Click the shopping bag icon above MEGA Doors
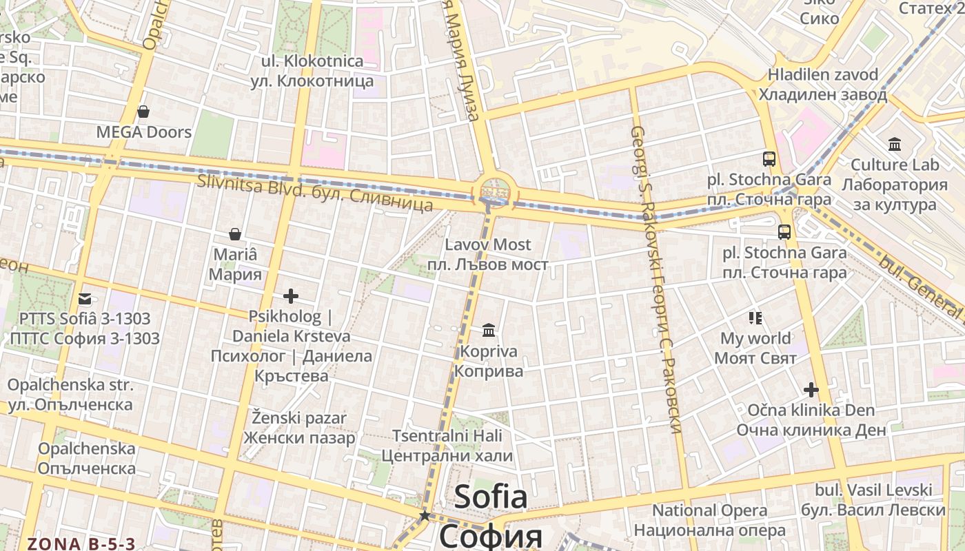(x=143, y=111)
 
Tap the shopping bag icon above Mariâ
(x=235, y=234)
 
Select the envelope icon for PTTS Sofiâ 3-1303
(x=84, y=299)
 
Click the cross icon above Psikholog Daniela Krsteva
(x=291, y=296)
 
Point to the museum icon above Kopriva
(x=489, y=331)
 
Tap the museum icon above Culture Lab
(x=895, y=144)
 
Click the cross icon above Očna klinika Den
(x=811, y=390)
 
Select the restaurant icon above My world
(x=755, y=318)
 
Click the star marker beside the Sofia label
(x=425, y=515)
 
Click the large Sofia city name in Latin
(x=491, y=496)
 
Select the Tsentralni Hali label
(x=447, y=436)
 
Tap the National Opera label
(x=710, y=510)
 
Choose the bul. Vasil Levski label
(x=873, y=490)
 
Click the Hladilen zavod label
(x=823, y=74)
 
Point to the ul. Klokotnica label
(x=312, y=61)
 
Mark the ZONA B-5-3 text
(x=81, y=543)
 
